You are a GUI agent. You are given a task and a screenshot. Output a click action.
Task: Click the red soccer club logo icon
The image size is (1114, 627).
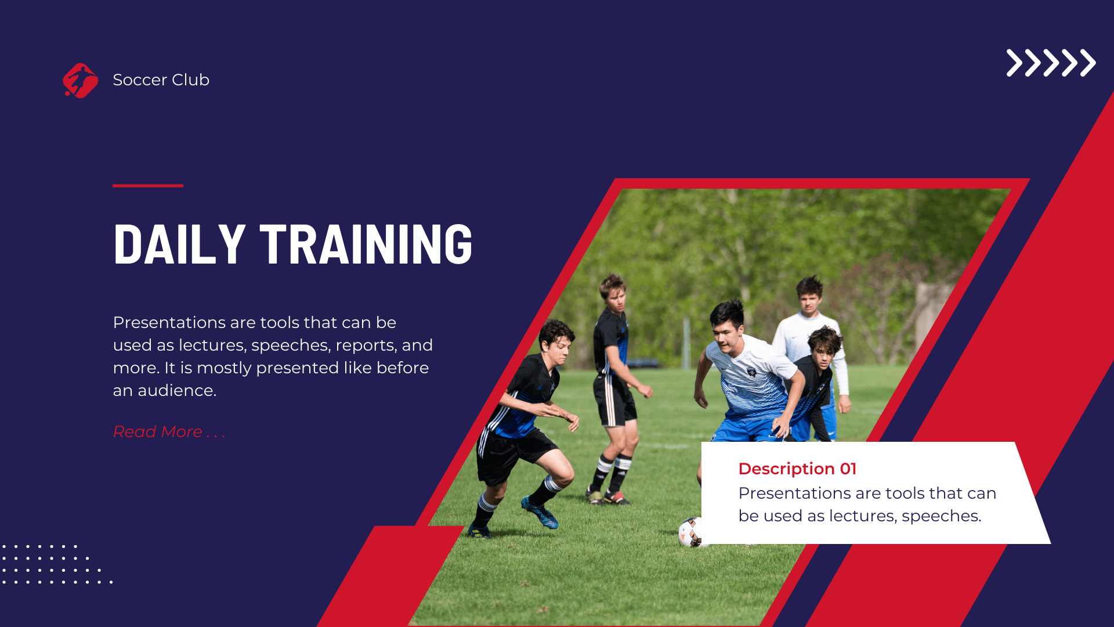coord(80,81)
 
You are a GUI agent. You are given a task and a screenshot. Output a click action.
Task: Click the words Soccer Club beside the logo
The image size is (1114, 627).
coord(161,80)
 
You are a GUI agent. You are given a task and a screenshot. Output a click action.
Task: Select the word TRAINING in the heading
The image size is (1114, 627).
coord(366,244)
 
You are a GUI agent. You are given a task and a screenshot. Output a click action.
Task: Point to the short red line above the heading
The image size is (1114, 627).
coord(148,185)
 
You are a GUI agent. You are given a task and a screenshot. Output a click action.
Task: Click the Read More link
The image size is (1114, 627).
coord(169,432)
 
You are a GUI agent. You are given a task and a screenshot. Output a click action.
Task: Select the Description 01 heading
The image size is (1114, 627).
coord(797,469)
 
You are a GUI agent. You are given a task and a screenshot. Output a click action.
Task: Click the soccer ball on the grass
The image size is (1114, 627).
coord(690,532)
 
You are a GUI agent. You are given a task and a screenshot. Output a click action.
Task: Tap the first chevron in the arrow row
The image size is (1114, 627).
coord(1014,63)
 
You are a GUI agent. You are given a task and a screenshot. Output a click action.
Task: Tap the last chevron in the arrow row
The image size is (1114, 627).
coord(1087,63)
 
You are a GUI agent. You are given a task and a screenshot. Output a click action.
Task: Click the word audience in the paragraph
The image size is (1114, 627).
coord(176,391)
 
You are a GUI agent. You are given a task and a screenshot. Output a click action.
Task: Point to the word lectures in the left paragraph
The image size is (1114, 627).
coord(211,345)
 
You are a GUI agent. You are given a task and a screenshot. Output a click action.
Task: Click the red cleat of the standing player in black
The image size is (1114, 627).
coord(616,498)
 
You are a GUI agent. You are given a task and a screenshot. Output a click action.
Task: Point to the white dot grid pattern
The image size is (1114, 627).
coord(52,564)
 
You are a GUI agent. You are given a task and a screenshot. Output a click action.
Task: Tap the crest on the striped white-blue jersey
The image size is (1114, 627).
coord(751,372)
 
